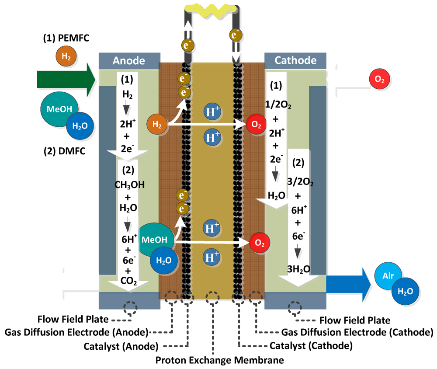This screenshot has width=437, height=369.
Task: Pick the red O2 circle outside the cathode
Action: pyautogui.click(x=377, y=80)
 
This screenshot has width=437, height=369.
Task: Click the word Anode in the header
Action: pyautogui.click(x=129, y=60)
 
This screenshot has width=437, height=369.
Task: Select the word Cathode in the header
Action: pyautogui.click(x=295, y=60)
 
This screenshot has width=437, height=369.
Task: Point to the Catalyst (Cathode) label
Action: pyautogui.click(x=311, y=346)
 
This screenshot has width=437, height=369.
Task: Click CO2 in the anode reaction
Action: pyautogui.click(x=129, y=282)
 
